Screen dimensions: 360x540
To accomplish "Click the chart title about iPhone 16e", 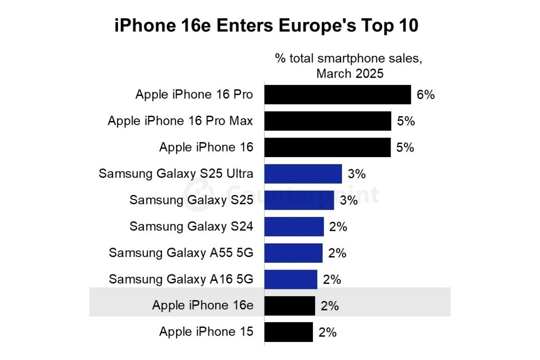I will click(266, 26).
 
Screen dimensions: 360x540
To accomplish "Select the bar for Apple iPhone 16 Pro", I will click(337, 95).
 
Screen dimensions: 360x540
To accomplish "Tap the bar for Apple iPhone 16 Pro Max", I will click(328, 121).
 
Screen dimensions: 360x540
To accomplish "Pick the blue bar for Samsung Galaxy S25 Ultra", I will click(303, 174).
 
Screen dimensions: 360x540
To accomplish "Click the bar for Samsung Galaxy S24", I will click(294, 226).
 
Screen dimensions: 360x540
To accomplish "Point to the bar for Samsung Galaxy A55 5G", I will click(293, 253).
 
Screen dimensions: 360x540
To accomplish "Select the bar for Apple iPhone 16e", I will click(289, 306).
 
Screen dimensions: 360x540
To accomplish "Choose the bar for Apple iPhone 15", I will click(288, 332).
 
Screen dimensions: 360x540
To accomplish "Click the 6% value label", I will click(425, 95).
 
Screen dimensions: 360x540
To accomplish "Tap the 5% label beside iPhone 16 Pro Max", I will click(405, 121).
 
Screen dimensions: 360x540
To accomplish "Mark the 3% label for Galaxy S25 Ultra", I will click(356, 174).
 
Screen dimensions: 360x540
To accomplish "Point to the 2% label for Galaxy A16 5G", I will click(332, 279).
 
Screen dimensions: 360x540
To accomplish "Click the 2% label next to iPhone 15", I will click(327, 332).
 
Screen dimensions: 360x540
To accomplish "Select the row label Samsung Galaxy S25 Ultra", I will click(176, 174).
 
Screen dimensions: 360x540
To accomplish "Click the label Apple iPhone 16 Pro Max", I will click(180, 121).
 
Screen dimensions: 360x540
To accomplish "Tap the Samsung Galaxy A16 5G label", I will click(181, 279).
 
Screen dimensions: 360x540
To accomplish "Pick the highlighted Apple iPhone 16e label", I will click(202, 306).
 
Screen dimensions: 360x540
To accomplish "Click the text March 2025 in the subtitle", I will click(350, 73).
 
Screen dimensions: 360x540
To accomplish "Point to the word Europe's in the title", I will click(295, 26).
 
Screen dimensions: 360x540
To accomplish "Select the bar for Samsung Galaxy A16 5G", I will click(291, 279).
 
